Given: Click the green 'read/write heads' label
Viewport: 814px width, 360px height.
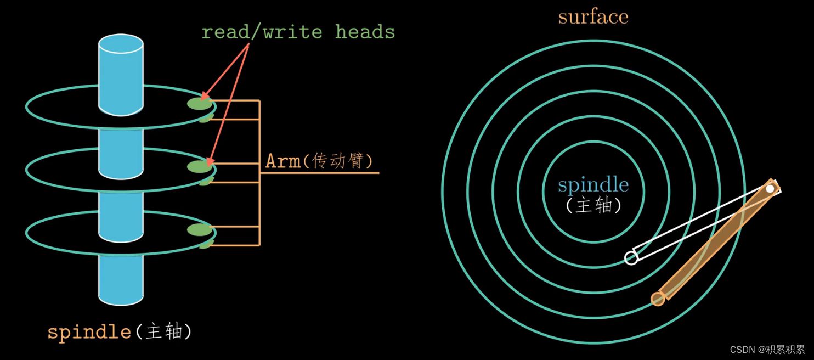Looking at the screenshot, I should pos(298,32).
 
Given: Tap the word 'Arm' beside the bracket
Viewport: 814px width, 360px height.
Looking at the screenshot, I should pos(283,161).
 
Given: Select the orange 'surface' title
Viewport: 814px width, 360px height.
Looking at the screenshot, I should pos(593,16).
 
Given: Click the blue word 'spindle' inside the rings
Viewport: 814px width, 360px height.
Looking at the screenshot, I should pos(593,185).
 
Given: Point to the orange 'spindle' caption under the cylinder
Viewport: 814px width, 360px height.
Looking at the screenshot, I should pos(89,332).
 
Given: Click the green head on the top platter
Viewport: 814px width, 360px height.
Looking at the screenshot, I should pos(200,103).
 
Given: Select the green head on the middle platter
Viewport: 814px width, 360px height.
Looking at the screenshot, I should pos(200,166).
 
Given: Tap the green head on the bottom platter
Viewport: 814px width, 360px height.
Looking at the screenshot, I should pos(200,230).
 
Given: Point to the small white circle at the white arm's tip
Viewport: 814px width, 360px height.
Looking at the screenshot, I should pos(631,257).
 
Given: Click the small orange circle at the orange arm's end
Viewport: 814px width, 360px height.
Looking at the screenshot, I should pos(658,299).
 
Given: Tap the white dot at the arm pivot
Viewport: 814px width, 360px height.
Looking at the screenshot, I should pos(770,189).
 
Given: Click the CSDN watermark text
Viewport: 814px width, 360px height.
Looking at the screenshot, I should pos(767,350).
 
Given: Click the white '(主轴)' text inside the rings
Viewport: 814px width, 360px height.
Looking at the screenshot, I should pos(593,205).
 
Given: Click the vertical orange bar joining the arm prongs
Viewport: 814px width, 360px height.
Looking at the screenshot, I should pos(259,173).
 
